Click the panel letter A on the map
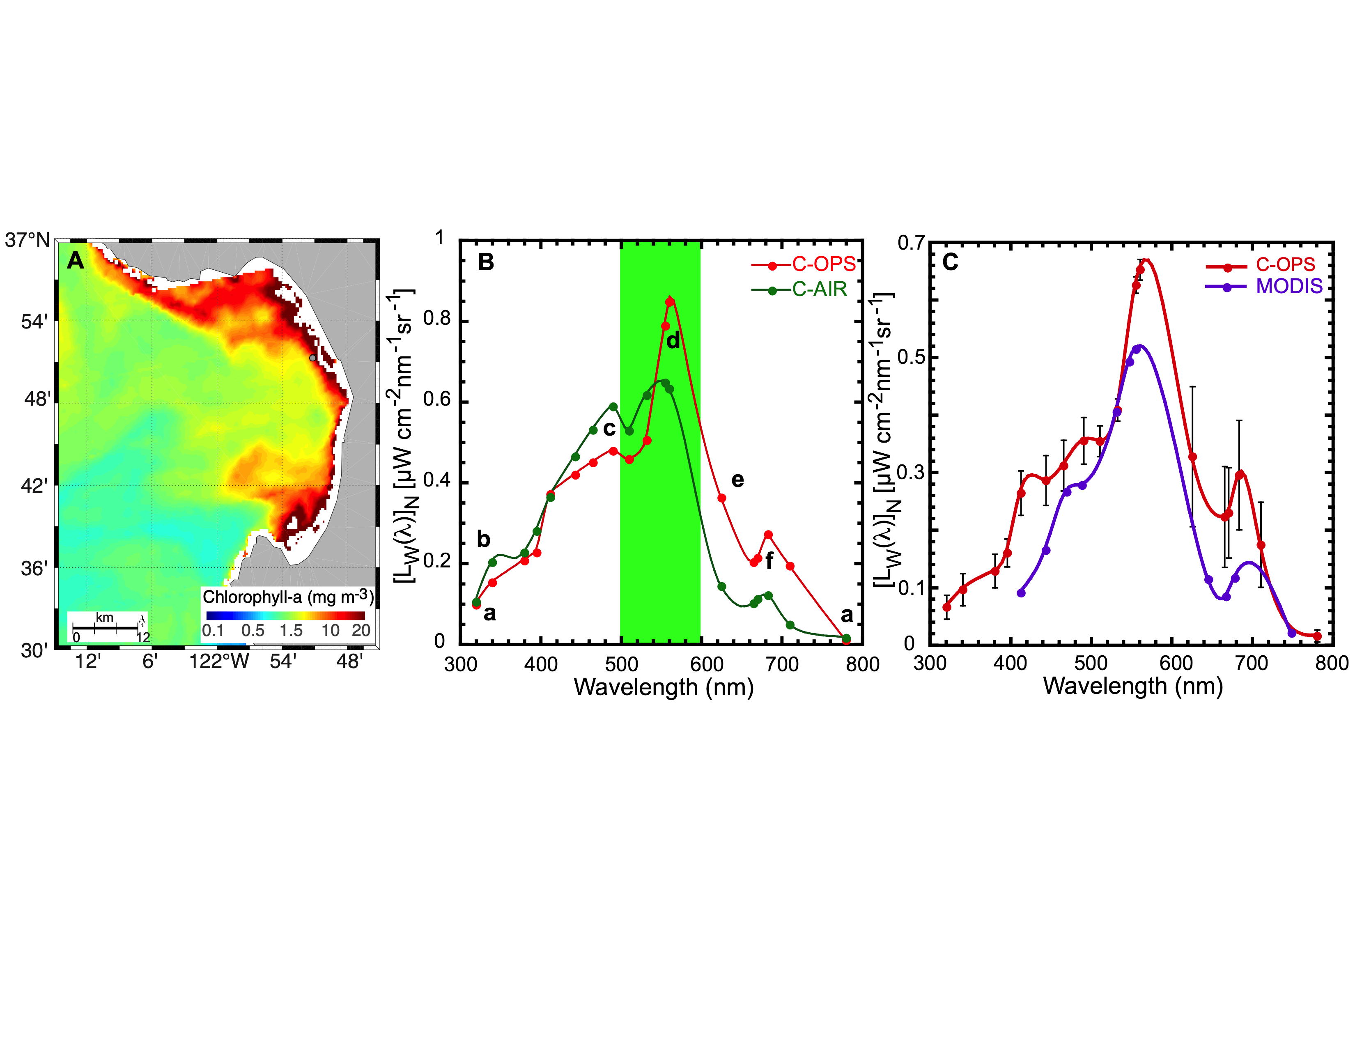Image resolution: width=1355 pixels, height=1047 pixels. (75, 261)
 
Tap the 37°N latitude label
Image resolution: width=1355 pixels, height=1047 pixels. (27, 240)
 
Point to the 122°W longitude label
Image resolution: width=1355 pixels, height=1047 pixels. (219, 662)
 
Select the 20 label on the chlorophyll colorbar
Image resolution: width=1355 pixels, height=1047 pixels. (361, 630)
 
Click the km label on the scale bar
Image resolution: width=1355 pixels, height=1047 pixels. (104, 618)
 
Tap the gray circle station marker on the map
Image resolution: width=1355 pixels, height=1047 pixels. (313, 358)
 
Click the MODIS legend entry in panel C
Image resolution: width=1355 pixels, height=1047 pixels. (1288, 287)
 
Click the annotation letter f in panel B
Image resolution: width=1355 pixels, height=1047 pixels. (769, 561)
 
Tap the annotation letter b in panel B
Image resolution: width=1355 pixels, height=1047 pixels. (483, 539)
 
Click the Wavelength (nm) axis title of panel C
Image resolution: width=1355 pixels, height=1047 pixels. (1133, 686)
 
